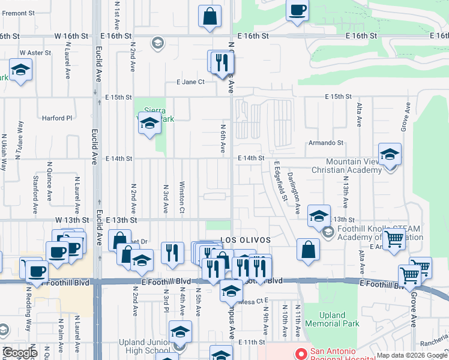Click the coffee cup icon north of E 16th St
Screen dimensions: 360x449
(x=297, y=11)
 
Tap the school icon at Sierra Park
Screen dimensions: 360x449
(x=149, y=124)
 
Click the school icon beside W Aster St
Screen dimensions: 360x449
(x=20, y=70)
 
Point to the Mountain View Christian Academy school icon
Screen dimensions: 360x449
(x=389, y=155)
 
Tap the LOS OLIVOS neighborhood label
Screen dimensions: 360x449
(x=245, y=240)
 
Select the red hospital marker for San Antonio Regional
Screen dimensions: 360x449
(x=300, y=353)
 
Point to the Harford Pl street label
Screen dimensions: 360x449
(x=57, y=118)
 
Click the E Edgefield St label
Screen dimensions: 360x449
(x=280, y=181)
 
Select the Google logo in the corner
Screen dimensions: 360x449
(x=20, y=353)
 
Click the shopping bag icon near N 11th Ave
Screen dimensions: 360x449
(x=307, y=250)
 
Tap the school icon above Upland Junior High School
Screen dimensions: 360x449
(x=180, y=331)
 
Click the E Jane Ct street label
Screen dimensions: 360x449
(x=190, y=82)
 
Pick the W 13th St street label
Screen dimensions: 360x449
(x=73, y=220)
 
